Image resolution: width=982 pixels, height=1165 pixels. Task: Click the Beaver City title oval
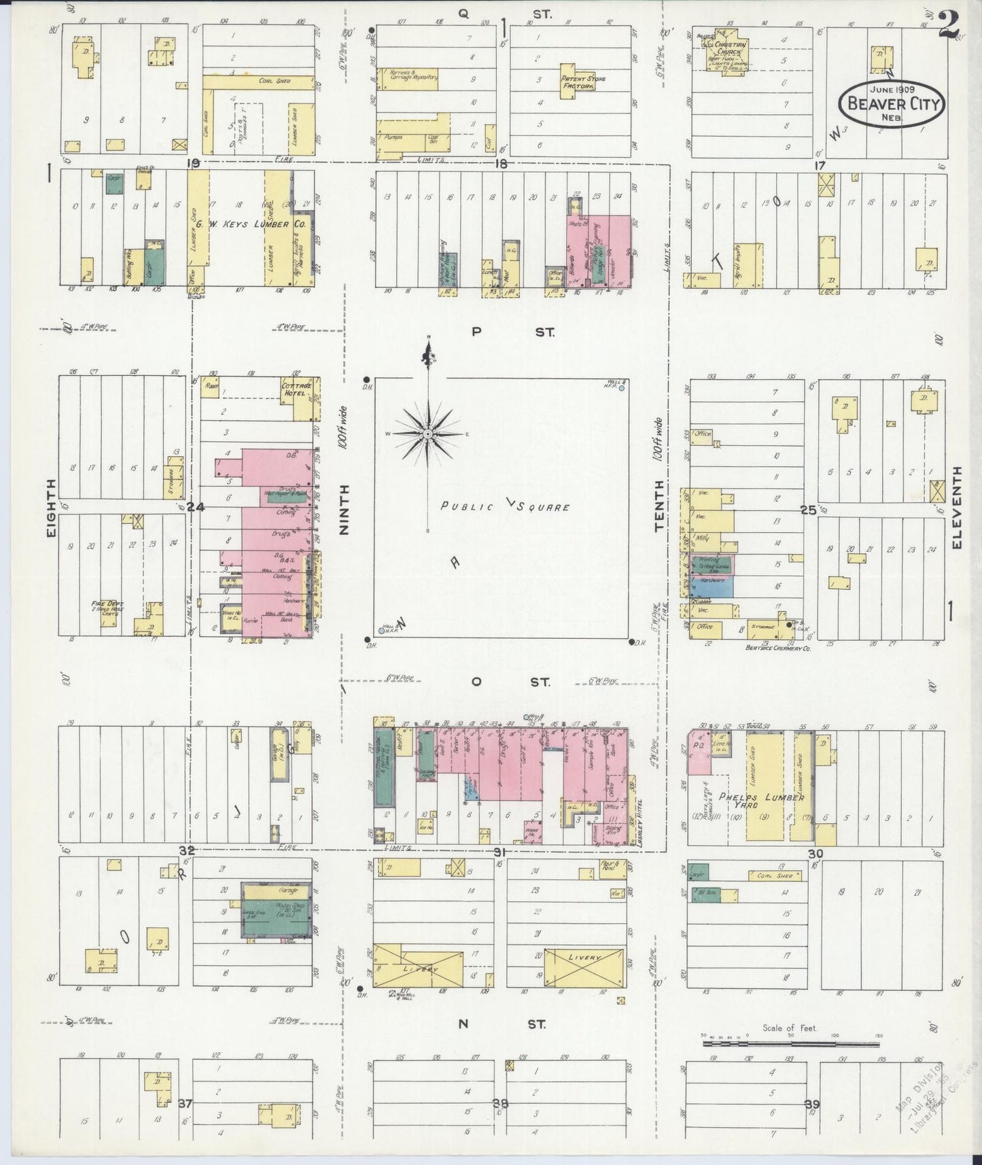[x=892, y=104]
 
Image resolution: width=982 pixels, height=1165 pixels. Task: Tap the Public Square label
[x=504, y=506]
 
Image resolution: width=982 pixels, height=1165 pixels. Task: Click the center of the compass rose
[x=428, y=434]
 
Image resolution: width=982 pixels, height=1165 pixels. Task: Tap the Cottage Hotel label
[x=296, y=389]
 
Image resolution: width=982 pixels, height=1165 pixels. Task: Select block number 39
[x=812, y=1104]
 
